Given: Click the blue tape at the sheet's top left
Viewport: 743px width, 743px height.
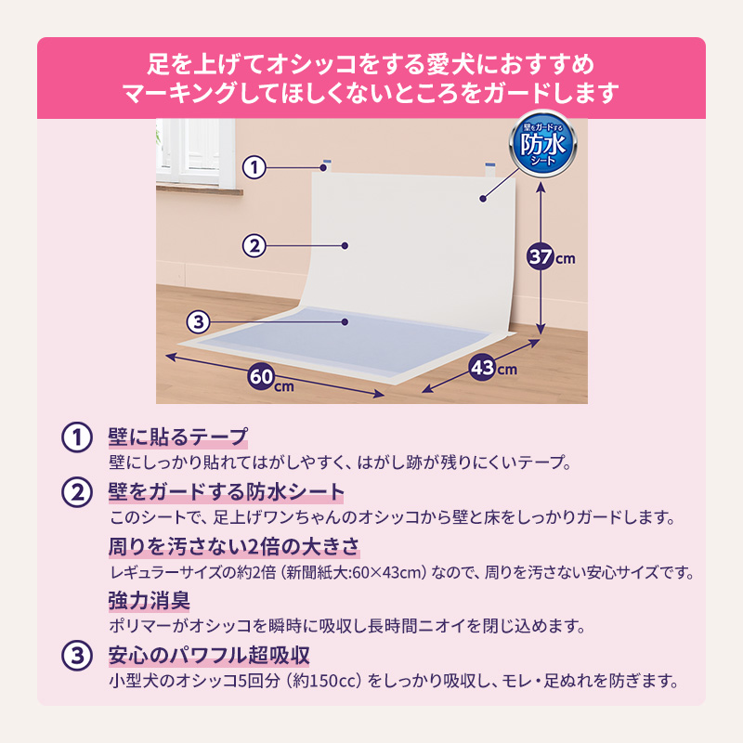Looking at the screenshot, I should (x=324, y=165).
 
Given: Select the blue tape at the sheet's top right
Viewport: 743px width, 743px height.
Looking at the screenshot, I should (x=489, y=167).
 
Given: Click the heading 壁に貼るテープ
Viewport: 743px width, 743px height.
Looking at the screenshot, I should (x=178, y=437).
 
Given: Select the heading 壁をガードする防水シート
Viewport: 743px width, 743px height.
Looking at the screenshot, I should (x=227, y=491).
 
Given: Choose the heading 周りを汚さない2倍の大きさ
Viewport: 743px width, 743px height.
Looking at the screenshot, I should (x=234, y=545).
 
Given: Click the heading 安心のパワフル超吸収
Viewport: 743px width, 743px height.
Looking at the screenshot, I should (x=208, y=655).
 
